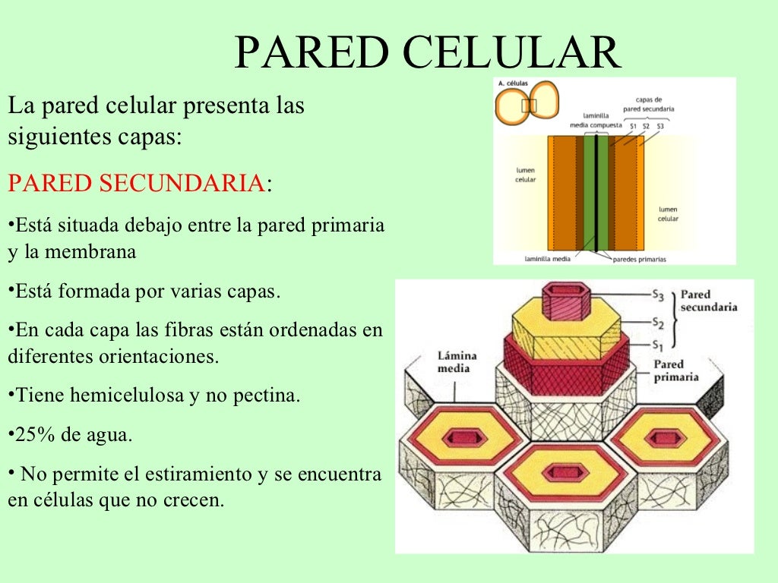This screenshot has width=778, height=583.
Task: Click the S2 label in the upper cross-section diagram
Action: tap(645, 126)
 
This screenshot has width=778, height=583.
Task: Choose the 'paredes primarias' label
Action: tap(640, 259)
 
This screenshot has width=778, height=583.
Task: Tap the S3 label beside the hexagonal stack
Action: tap(659, 293)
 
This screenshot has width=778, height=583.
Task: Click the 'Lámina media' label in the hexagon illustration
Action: tap(454, 361)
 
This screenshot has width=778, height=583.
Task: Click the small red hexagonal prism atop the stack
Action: tap(568, 302)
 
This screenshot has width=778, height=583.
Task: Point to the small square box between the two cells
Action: tap(530, 106)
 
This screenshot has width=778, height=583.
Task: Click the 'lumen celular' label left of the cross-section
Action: tap(525, 175)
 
